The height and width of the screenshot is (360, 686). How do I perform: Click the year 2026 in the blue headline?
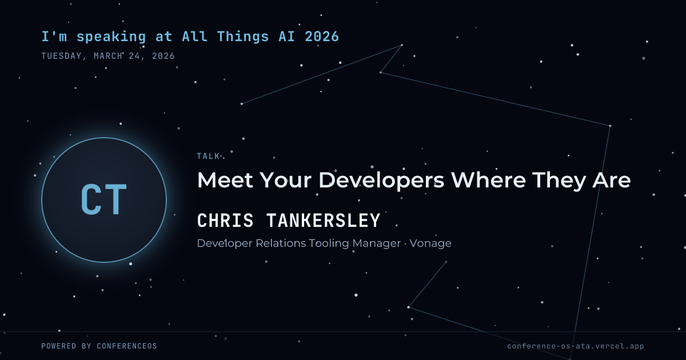click(322, 37)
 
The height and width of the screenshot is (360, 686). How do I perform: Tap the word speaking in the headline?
click(111, 37)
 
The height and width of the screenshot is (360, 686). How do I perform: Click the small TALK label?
click(208, 156)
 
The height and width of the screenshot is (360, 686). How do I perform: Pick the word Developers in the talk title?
click(381, 181)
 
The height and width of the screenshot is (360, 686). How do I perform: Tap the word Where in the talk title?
click(489, 180)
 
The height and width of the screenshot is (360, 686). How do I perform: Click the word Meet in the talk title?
click(225, 180)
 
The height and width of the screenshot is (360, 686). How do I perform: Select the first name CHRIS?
click(225, 221)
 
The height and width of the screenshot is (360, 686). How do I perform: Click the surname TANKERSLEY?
click(324, 221)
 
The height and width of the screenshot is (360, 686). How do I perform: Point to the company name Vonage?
click(430, 243)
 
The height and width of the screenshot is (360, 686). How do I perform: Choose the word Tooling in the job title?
click(329, 243)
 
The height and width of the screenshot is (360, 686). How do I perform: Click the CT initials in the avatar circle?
click(104, 199)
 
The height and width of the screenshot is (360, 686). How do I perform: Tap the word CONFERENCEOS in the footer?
click(127, 346)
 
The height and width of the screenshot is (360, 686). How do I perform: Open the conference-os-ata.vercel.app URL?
click(576, 346)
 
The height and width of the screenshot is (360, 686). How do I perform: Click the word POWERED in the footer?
click(59, 346)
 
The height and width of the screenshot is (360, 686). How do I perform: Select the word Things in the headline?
click(243, 37)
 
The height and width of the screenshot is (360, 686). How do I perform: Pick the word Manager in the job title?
click(376, 243)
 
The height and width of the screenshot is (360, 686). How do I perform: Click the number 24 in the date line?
click(134, 56)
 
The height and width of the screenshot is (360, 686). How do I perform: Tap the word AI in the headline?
click(287, 37)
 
